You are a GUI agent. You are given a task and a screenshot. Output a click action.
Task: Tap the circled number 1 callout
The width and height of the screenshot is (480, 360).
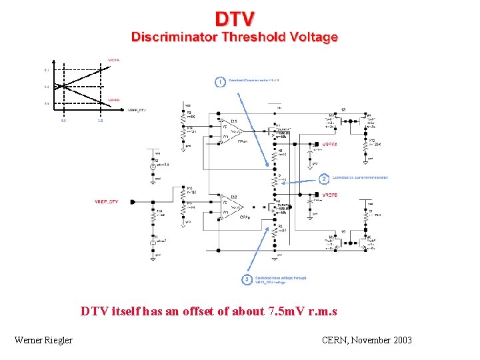(x=219, y=81)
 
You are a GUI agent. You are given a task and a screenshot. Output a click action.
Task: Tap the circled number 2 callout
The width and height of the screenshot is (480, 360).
(x=324, y=179)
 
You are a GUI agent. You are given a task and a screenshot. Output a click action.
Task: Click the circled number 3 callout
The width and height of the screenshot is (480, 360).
(x=247, y=279)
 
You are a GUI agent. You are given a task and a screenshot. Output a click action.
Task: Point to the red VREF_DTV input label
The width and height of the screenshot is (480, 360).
(x=107, y=201)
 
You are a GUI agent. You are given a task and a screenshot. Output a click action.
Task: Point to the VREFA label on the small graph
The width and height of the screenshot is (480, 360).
(x=114, y=60)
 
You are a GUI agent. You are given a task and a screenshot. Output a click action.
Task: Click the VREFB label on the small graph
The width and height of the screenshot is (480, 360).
(x=114, y=99)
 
